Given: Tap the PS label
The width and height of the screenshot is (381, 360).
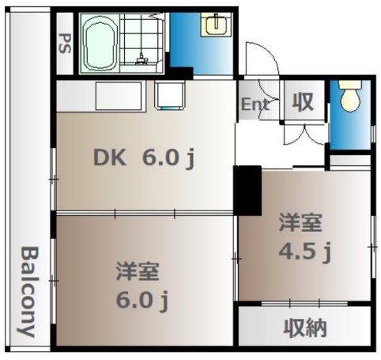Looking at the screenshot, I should [64, 41].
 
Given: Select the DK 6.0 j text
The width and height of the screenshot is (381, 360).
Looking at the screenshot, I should [145, 159].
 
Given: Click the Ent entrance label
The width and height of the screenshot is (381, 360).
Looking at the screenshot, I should [255, 103].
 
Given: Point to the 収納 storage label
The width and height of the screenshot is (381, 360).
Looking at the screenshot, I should [305, 327].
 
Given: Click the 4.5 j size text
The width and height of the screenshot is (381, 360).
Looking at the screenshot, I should [304, 252].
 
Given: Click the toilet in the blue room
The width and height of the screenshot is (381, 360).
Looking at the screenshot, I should [348, 98].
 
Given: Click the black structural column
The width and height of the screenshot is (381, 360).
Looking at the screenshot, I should [249, 190].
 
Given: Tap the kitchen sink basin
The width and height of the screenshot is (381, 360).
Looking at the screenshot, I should [168, 96].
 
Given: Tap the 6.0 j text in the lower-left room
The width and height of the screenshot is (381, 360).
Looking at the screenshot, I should [143, 301].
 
